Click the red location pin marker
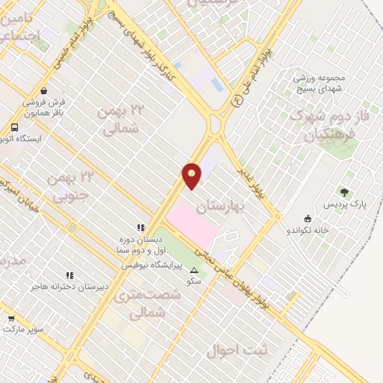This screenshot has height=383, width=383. pyautogui.click(x=191, y=175)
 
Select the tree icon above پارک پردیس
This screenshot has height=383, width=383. pyautogui.click(x=344, y=192)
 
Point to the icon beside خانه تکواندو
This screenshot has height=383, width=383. pyautogui.click(x=308, y=218)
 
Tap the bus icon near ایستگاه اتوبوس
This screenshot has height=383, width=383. pyautogui.click(x=15, y=127)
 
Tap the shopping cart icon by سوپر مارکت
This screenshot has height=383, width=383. pyautogui.click(x=10, y=318)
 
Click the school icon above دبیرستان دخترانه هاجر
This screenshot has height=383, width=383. pyautogui.click(x=70, y=275)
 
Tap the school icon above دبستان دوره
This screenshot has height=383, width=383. pyautogui.click(x=140, y=227)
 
